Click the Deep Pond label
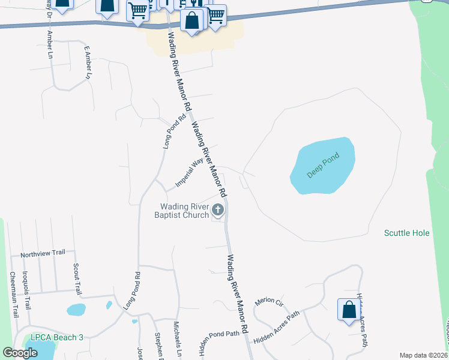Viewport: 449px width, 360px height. [324, 166]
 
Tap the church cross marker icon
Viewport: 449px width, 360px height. [218, 210]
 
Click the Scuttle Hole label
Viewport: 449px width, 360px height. [407, 233]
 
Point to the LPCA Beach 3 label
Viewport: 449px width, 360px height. [53, 337]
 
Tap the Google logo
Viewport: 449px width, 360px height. [20, 353]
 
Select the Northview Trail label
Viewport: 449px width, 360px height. [42, 254]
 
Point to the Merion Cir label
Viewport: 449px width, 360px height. [268, 302]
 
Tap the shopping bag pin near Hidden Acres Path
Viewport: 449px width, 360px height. [349, 311]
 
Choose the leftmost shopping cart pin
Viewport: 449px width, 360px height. [138, 11]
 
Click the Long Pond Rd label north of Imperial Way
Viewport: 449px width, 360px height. [170, 133]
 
